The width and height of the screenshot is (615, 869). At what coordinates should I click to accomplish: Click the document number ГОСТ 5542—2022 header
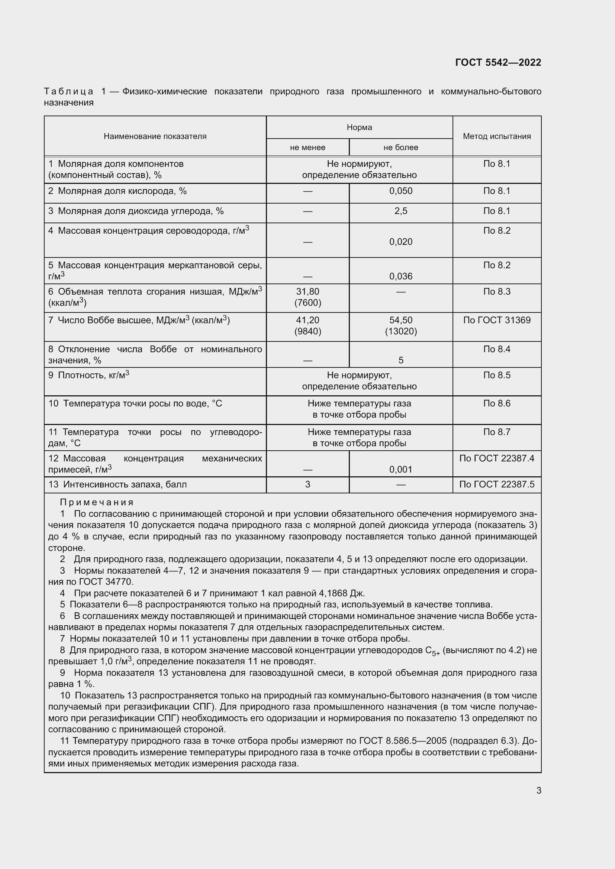click(498, 62)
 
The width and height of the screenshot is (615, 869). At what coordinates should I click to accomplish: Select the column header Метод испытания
click(496, 136)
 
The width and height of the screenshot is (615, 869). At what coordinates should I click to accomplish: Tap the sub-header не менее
click(307, 147)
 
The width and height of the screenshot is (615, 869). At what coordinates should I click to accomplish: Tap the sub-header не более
click(401, 147)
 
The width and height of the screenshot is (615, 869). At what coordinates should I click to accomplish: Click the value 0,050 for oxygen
click(401, 191)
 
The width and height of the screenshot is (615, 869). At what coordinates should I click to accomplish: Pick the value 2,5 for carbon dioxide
click(401, 211)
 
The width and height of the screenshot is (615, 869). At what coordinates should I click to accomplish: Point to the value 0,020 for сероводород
click(401, 242)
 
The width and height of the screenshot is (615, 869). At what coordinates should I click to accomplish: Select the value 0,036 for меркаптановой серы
click(401, 276)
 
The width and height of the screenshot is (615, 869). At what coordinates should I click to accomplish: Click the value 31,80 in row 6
click(307, 292)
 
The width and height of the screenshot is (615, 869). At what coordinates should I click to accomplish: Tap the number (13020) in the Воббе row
click(401, 331)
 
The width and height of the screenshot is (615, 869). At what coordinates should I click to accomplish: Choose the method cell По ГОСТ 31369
click(496, 320)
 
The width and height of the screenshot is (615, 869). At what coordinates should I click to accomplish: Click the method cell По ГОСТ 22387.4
click(496, 459)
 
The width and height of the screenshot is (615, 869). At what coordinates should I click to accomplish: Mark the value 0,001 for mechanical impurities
click(401, 470)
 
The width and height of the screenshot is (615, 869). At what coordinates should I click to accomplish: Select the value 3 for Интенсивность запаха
click(307, 484)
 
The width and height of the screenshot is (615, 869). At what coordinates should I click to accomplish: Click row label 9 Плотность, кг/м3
click(88, 376)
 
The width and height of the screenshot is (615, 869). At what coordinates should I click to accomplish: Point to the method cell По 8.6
click(496, 403)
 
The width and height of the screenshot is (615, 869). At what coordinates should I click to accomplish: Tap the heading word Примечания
click(97, 503)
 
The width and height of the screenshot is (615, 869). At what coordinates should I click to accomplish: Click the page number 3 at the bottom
click(538, 791)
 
